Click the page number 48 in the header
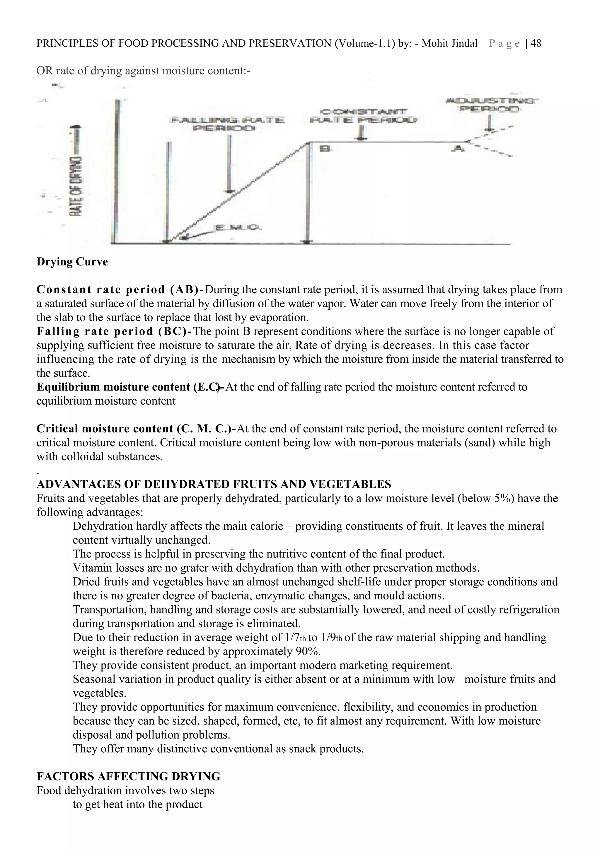coord(536,44)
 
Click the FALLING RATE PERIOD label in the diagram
coord(228,124)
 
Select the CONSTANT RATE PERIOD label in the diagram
coord(363,116)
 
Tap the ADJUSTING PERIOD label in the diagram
coord(490,105)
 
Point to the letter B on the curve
coord(326,149)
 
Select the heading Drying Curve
coord(72,262)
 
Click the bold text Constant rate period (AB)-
coord(120,289)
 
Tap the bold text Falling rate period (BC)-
coord(114,331)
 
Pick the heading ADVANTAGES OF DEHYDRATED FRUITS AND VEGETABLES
coord(214,484)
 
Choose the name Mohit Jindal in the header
coord(449,44)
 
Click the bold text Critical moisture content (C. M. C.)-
coord(136,429)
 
